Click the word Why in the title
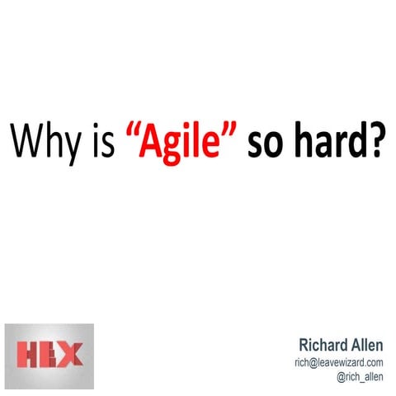click(44, 141)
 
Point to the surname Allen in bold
click(367, 344)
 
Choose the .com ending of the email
click(372, 361)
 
